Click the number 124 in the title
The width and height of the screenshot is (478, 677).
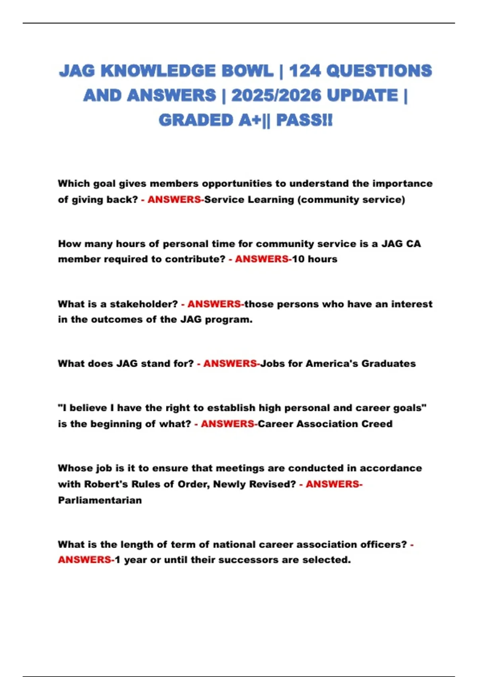(x=305, y=71)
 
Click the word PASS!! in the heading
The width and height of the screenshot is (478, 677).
(x=304, y=120)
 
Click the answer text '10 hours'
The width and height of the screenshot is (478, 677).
(x=315, y=259)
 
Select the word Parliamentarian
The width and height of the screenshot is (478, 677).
(x=100, y=500)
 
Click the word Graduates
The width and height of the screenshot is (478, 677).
(x=388, y=364)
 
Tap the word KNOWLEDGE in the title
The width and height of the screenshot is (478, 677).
(x=159, y=71)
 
